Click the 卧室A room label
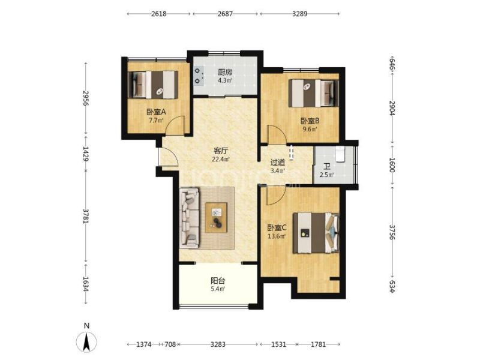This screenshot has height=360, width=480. coord(156,112)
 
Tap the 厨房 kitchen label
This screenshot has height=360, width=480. coord(225,73)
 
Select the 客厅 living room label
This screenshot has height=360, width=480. coord(221,151)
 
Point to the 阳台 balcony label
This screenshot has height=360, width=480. coord(218,280)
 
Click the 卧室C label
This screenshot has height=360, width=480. coord(277,228)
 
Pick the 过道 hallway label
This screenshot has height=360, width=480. coord(278,163)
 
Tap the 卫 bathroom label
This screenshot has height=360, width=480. coord(327,167)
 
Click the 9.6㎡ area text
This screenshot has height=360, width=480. coord(310,129)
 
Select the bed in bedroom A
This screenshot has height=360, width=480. coord(153,85)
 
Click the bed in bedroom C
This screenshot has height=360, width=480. coord(316,233)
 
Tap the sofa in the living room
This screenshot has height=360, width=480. coord(190,218)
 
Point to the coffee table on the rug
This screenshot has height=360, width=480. coord(216,218)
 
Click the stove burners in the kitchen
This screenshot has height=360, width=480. coord(199,76)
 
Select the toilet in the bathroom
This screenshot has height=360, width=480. coord(340,154)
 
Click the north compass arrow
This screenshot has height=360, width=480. coord(86,341)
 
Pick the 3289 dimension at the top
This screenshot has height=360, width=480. coord(299,14)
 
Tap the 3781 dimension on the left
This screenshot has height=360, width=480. coord(86,217)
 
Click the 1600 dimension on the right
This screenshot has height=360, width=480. coord(392,164)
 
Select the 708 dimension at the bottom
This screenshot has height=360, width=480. coord(170,344)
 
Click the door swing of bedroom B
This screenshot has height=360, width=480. coord(277,134)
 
